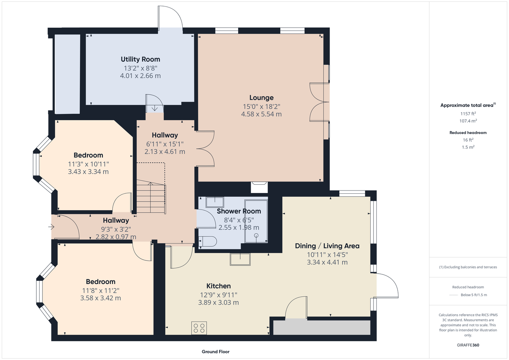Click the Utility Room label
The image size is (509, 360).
pos(140,59)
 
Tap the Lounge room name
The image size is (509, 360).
pos(261,98)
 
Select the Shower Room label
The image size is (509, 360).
pos(239,211)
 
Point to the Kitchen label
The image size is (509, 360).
pos(218,286)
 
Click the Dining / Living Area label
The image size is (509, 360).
pos(327,246)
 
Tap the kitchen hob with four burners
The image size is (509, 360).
pos(199,328)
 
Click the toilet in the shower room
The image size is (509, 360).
pos(207,242)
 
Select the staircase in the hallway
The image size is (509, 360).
pos(151,197)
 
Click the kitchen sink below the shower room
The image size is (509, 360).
pos(240,259)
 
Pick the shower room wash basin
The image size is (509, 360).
pos(215,202)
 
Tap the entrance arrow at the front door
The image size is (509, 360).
pos(52,227)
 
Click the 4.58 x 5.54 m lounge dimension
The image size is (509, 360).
pos(261,114)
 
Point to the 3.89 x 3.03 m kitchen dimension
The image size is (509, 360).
pos(218,302)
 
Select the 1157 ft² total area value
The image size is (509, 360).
pos(468,113)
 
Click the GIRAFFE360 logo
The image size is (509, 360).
pos(468,345)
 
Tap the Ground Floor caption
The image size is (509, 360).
pos(216,352)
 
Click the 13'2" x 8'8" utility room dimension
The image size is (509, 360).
pos(140,68)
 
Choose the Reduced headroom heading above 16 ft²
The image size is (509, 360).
pos(468,132)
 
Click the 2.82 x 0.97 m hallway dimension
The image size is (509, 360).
pos(116,237)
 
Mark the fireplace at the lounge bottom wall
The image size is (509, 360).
pos(259,187)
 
